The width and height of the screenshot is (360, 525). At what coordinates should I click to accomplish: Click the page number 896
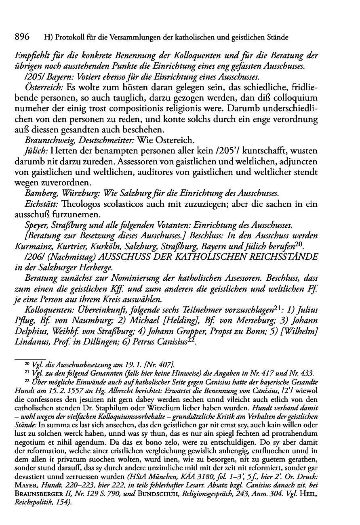point(23,37)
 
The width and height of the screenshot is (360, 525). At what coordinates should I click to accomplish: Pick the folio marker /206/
point(34,257)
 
